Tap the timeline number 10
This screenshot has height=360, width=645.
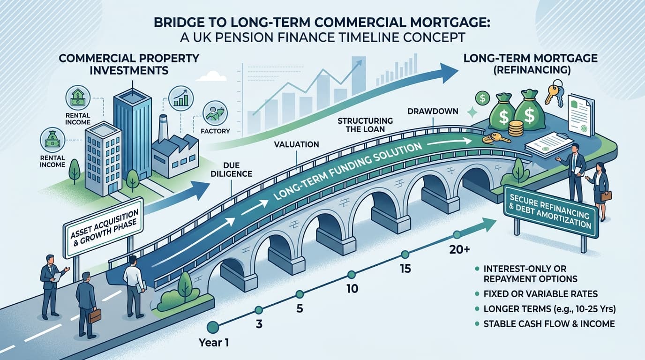[351, 289]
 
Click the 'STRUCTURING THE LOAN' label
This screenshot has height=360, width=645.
[365, 125]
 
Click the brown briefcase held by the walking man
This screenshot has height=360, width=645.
[95, 316]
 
